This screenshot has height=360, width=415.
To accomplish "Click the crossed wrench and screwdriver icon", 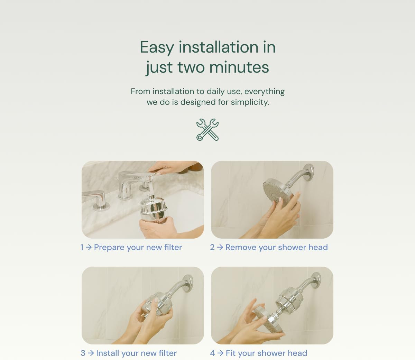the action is pyautogui.click(x=207, y=130).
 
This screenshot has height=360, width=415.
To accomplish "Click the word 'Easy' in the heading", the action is pyautogui.click(x=157, y=48).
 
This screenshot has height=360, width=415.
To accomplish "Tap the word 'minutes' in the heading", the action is pyautogui.click(x=239, y=67).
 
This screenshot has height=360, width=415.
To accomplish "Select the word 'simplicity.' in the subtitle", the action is pyautogui.click(x=250, y=102).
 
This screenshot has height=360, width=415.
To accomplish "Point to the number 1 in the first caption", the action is pyautogui.click(x=82, y=247).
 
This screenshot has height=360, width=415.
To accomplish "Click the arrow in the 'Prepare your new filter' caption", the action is pyautogui.click(x=89, y=247).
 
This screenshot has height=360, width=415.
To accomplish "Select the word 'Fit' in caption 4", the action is pyautogui.click(x=230, y=353).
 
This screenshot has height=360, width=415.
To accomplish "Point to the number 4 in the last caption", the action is pyautogui.click(x=212, y=353).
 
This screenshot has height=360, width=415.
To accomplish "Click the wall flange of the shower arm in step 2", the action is pyautogui.click(x=310, y=173).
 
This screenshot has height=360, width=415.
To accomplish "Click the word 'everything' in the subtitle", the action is pyautogui.click(x=265, y=92).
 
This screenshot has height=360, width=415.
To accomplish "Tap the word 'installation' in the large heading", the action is pyautogui.click(x=219, y=47).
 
